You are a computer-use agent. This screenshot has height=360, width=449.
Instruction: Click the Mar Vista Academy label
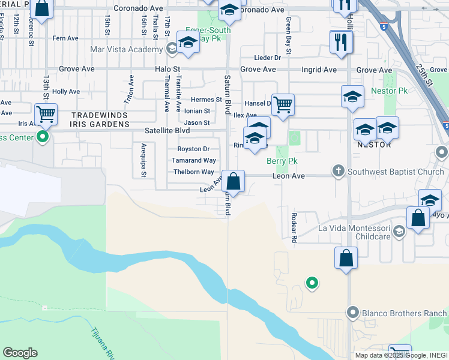pos(127,49)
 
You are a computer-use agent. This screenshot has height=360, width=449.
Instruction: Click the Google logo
pos(20,353)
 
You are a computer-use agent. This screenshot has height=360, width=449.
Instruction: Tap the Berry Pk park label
pos(282,161)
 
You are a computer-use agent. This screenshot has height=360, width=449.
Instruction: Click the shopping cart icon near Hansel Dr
pos(283,104)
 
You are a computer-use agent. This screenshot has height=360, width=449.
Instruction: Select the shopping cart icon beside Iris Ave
pos(45,113)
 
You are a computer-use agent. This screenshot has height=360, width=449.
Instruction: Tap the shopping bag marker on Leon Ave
pos(233,180)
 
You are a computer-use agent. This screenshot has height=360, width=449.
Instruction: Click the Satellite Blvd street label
pos(167,130)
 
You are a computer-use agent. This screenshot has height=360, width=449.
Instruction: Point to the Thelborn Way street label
pos(193,172)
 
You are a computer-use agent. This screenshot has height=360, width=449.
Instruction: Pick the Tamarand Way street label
pos(193,161)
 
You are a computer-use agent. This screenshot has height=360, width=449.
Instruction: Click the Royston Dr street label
pos(193,149)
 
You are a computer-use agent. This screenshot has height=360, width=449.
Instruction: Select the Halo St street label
pos(167,70)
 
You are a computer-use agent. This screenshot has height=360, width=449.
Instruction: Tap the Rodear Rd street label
pos(294,227)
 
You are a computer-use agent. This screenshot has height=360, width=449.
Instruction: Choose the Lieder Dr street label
pos(268,58)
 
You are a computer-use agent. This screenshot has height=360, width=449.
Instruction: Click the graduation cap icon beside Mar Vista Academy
pos(188,44)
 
